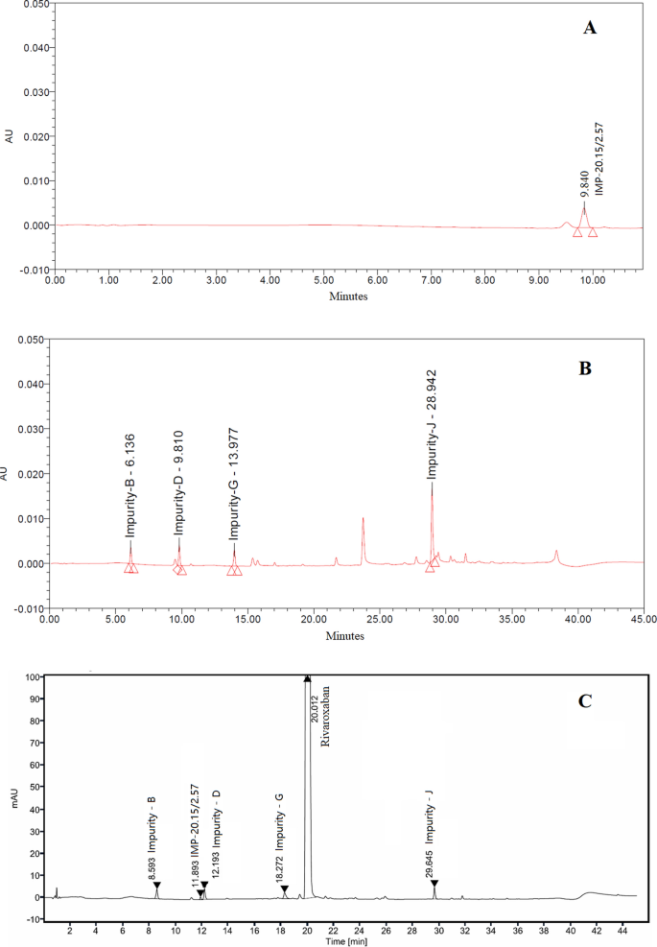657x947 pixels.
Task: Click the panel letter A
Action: pyautogui.click(x=591, y=29)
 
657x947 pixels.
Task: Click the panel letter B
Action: pyautogui.click(x=585, y=367)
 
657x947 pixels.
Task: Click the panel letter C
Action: pyautogui.click(x=583, y=701)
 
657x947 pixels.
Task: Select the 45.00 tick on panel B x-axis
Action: pyautogui.click(x=644, y=621)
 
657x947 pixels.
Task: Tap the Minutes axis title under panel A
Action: pyautogui.click(x=347, y=296)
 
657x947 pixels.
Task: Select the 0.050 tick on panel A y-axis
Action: pyautogui.click(x=34, y=5)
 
